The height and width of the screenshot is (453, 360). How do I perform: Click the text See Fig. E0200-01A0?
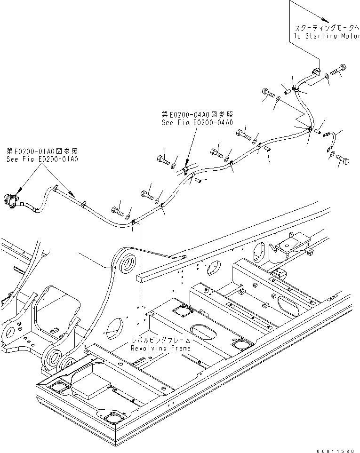pyautogui.click(x=42, y=159)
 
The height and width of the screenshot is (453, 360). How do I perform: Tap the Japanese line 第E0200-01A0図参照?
pyautogui.click(x=42, y=151)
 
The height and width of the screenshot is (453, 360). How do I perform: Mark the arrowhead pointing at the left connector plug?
pyautogui.click(x=20, y=191)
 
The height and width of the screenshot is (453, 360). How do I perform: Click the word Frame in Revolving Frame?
pyautogui.click(x=181, y=348)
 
